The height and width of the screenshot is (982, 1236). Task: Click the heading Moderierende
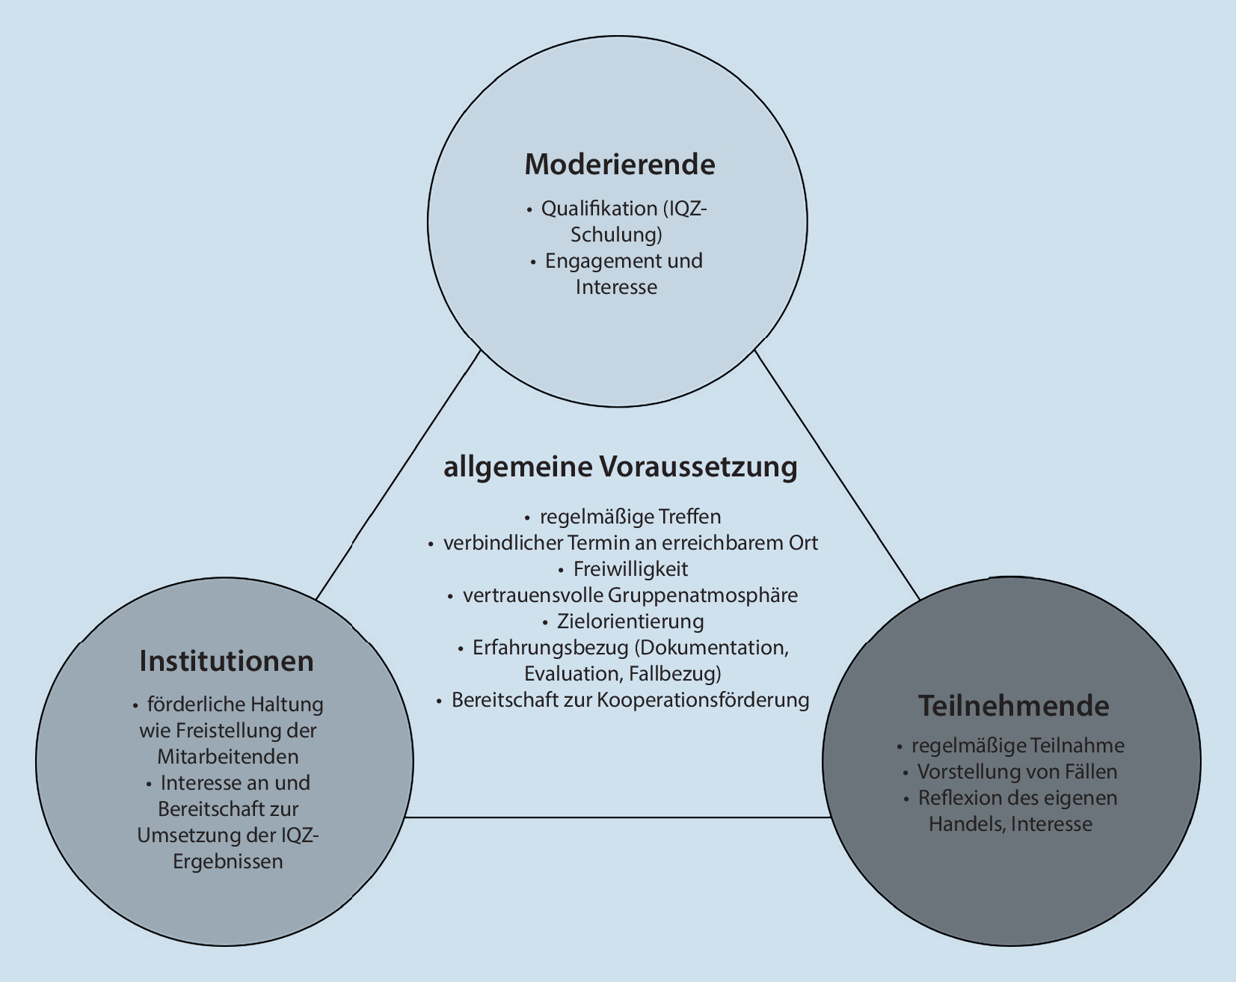pos(619,165)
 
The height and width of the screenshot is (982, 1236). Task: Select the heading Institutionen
pos(226,661)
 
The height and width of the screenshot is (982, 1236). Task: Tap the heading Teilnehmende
pos(1013,705)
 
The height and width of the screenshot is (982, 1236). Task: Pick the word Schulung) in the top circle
pos(617,235)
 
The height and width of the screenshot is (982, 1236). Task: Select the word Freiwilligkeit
pos(630,569)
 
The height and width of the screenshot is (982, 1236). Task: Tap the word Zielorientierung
pos(630,622)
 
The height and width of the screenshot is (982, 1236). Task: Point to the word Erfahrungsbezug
pos(550,648)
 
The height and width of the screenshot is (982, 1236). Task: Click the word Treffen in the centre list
pos(689,517)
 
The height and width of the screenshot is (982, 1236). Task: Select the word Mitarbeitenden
pos(228,757)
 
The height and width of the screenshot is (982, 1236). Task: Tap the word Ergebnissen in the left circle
pos(228,862)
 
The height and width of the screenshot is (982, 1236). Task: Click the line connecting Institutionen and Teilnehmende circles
pos(618,817)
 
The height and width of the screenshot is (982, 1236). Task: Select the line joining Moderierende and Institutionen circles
pos(398,476)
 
